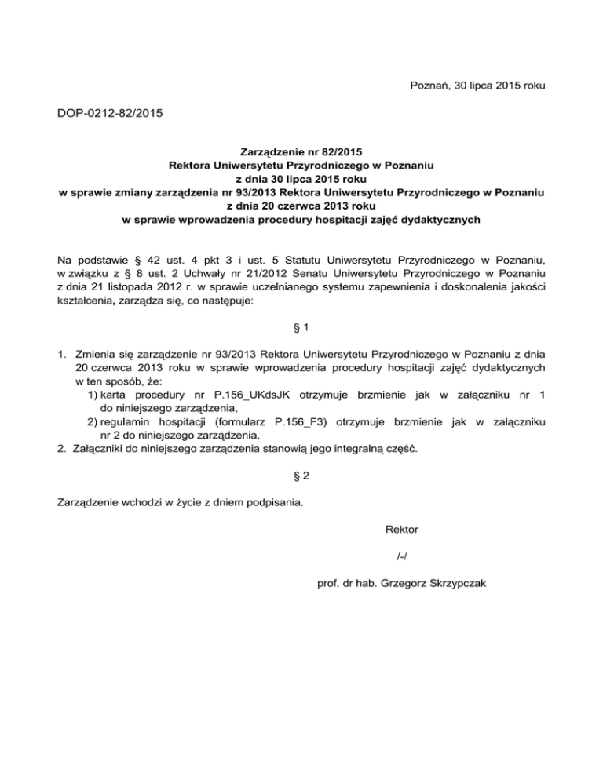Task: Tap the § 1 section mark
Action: click(x=301, y=345)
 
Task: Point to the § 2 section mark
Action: click(x=301, y=476)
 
